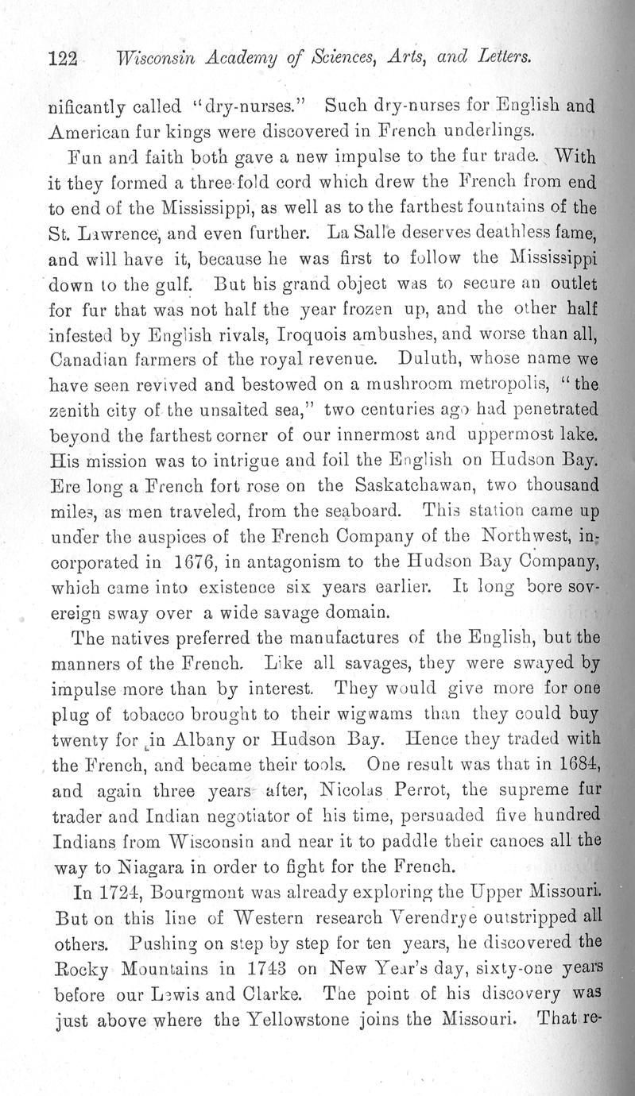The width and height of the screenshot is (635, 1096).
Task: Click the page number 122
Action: [62, 58]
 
